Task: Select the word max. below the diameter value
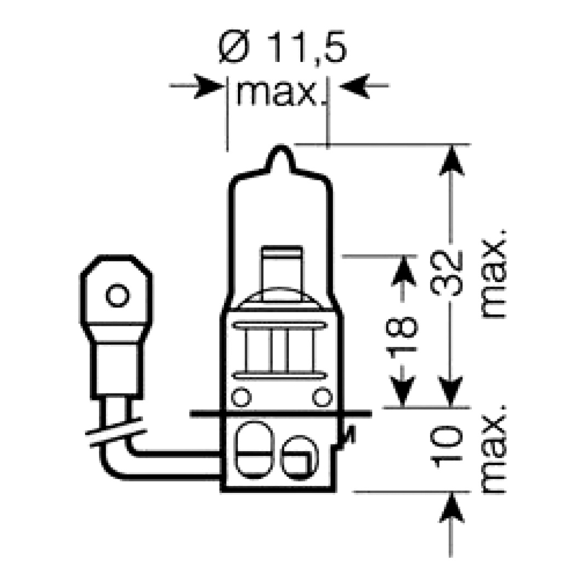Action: click(x=277, y=93)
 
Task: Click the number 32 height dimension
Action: click(x=446, y=274)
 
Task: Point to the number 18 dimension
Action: click(x=402, y=335)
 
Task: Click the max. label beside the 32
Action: click(x=493, y=274)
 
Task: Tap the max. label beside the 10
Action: click(x=493, y=449)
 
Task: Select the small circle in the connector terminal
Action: click(x=118, y=295)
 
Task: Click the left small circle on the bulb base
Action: click(x=241, y=397)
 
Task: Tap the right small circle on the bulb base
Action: click(x=322, y=397)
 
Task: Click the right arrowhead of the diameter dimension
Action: click(x=355, y=86)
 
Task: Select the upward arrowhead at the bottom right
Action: click(x=451, y=508)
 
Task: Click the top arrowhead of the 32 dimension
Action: click(x=451, y=160)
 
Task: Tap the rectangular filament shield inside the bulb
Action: click(x=282, y=273)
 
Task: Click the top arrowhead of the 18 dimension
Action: click(x=403, y=271)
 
